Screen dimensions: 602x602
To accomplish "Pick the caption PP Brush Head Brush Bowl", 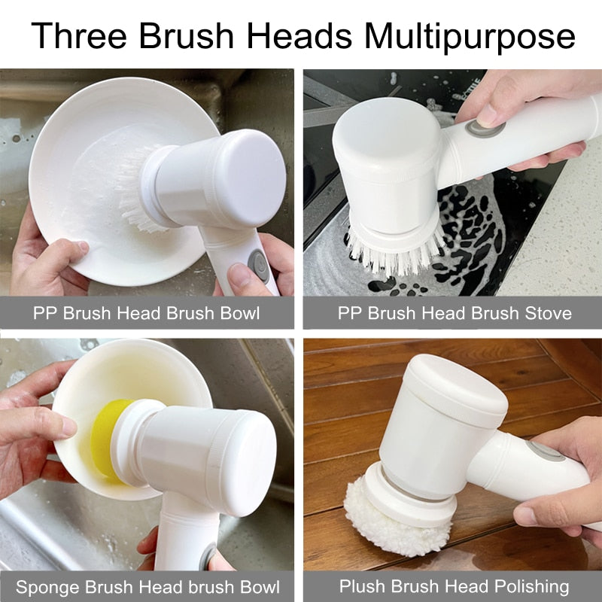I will point(147,313).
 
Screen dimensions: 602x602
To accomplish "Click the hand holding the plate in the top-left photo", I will point(45,260).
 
